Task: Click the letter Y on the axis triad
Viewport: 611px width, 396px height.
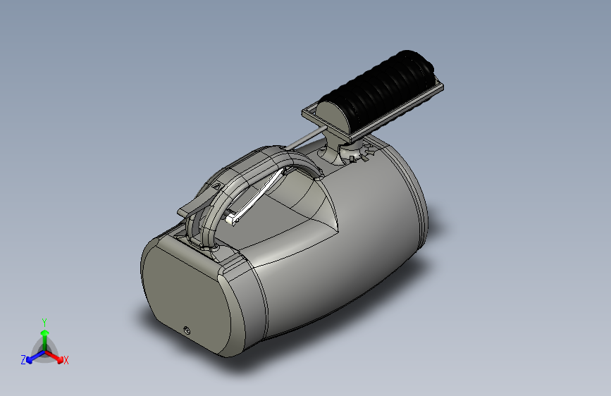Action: click(x=44, y=322)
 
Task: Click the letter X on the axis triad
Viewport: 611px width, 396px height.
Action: click(x=66, y=360)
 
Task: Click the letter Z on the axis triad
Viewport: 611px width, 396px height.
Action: click(x=23, y=360)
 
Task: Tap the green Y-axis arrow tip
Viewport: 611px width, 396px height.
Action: click(x=45, y=333)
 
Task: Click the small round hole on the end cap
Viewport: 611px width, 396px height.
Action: click(x=187, y=331)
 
